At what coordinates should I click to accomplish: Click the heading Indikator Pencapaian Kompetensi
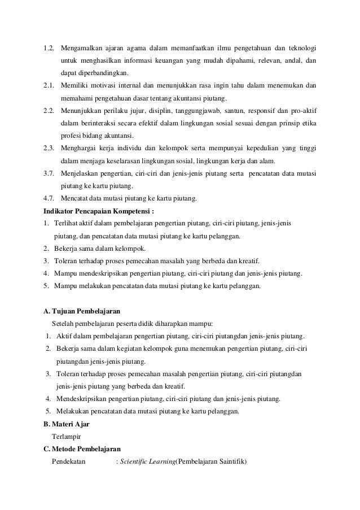99,211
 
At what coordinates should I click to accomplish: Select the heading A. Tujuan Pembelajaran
82,311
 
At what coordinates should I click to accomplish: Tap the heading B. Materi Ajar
67,424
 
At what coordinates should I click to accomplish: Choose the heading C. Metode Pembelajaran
82,449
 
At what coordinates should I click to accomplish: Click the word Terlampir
65,437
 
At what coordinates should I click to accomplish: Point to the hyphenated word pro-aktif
302,107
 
